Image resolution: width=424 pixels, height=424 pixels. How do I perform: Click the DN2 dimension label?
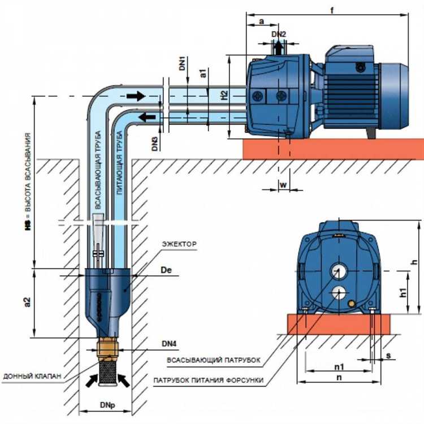[279, 34]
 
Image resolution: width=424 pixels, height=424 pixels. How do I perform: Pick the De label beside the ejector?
[166, 272]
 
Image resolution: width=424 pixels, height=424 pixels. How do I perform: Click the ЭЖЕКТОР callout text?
[179, 244]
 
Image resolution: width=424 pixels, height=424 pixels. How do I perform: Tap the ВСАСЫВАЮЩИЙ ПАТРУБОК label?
[213, 360]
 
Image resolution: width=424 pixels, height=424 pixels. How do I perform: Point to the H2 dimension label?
[224, 96]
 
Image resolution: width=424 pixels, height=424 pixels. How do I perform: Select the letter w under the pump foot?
[283, 184]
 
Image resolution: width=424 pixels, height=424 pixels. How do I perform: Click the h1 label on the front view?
[403, 292]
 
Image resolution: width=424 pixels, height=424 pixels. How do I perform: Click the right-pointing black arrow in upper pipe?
[136, 96]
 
